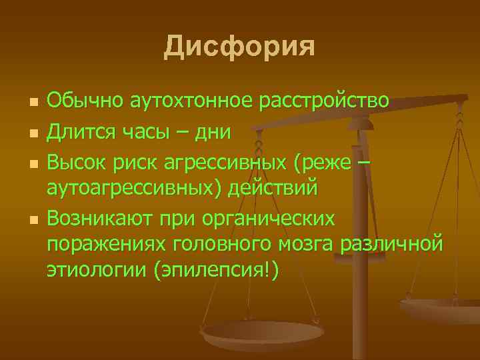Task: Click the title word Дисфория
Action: [x=239, y=46]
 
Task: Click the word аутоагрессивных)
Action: [x=134, y=189]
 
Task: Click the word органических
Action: [x=276, y=218]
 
